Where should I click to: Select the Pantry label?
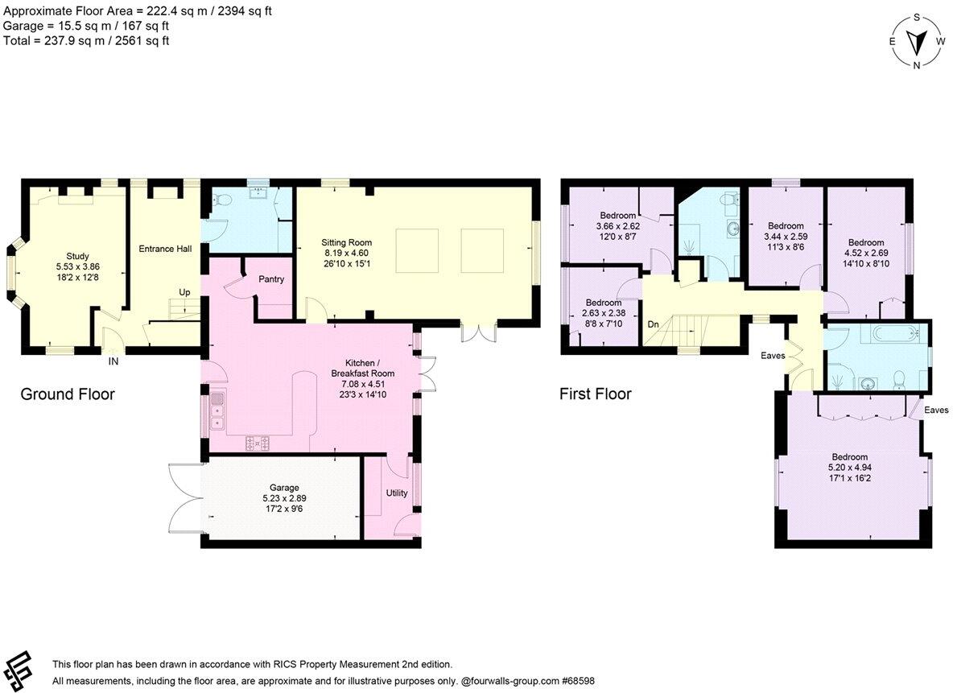pos(272,278)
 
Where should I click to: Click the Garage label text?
pos(284,488)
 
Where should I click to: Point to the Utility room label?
pos(396,493)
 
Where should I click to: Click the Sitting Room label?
pos(346,242)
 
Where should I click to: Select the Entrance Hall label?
pos(165,249)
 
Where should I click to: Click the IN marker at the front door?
pos(113,362)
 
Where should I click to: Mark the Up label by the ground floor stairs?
pos(184,292)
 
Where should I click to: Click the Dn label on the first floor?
pos(654,324)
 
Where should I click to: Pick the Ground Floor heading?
pos(68,394)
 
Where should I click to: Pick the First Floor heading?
pos(596,394)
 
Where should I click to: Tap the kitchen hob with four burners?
pos(258,441)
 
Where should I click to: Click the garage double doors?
pos(184,500)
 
